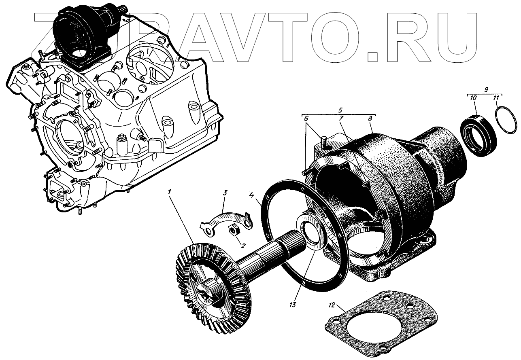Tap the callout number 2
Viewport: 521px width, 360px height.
tap(242, 246)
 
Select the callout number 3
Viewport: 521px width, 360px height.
tap(225, 193)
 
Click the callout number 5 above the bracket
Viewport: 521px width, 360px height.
tap(340, 110)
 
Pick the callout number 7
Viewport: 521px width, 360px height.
tap(341, 118)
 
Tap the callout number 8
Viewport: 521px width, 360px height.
tap(370, 118)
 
